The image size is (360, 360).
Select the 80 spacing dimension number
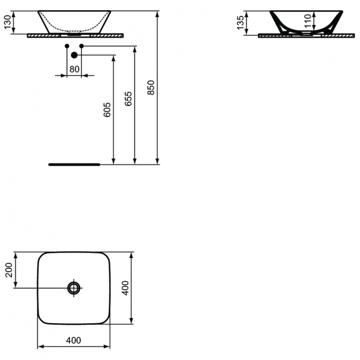click(x=74, y=69)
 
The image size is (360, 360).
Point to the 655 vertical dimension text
click(x=128, y=98)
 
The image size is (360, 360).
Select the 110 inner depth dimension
click(x=308, y=21)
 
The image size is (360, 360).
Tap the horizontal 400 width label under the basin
click(x=73, y=340)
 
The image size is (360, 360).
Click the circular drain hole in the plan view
click(x=74, y=288)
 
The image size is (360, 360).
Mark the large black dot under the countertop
click(x=74, y=55)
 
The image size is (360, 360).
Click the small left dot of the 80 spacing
click(x=67, y=46)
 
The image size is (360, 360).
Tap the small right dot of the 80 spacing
click(x=82, y=46)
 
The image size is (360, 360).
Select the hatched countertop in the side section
click(x=336, y=35)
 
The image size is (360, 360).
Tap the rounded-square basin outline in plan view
click(x=38, y=288)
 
